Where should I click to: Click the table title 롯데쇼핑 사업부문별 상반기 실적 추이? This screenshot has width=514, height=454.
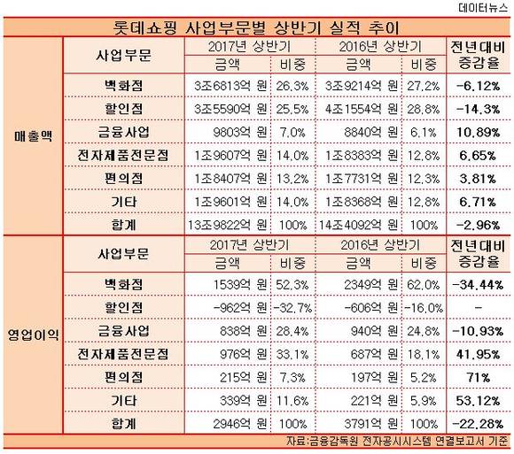pos(256,27)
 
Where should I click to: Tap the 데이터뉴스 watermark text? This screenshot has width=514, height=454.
pos(483,8)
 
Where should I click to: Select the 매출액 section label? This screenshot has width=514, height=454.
pos(33,136)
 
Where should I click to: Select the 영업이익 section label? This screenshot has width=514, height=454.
pos(33,335)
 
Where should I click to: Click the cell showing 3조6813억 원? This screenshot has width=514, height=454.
pos(230,86)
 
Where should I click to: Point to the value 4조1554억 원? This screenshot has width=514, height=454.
pos(362,109)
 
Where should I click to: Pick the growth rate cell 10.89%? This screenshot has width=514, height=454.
pos(479,132)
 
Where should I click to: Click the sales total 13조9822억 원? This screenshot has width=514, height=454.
pos(227,225)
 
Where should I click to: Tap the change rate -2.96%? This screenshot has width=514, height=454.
pos(479,225)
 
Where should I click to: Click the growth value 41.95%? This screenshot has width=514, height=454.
pos(479,354)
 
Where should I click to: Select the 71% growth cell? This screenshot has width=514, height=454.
pos(479,378)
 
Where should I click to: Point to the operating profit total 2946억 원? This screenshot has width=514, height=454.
pos(240,424)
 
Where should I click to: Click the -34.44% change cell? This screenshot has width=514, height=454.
pos(478,285)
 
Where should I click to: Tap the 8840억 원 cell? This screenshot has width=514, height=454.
pos(371,132)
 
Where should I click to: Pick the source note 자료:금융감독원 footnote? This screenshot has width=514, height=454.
pos(397,442)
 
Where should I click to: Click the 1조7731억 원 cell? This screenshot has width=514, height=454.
pos(362,179)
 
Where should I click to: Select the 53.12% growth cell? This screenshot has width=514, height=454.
pos(479,401)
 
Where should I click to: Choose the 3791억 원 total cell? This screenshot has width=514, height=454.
pos(371,424)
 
